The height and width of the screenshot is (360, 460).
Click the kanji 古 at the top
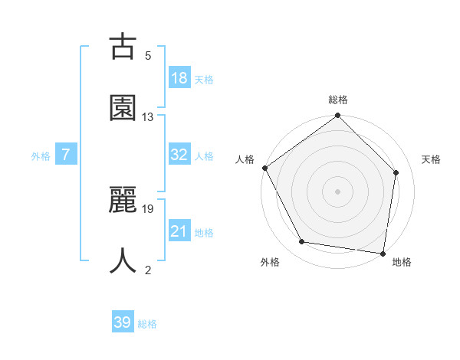pos(123,47)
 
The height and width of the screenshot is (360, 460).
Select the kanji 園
pos(123,109)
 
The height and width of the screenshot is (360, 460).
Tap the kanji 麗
pos(123,201)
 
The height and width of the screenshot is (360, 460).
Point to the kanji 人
pos(123,261)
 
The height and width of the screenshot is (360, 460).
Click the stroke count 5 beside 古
pos(148,56)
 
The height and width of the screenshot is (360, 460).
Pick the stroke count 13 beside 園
pos(148,117)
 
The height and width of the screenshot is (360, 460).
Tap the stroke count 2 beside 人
pos(148,270)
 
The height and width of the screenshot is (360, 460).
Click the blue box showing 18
pos(179,78)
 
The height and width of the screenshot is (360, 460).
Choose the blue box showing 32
pos(179,155)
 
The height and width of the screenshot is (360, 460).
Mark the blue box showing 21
pos(179,231)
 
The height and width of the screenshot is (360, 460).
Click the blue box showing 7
pos(66,155)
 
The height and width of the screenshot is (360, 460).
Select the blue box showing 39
pos(123,322)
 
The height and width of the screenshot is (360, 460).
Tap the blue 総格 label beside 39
pos(147,324)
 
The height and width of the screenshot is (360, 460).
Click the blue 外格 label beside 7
pos(41,156)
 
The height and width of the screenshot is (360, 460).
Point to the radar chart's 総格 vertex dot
pos(337,116)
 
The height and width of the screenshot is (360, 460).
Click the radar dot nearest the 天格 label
pos(396,172)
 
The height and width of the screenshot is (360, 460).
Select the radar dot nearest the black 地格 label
pos(383,253)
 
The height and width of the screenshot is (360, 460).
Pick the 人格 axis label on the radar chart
pos(245,159)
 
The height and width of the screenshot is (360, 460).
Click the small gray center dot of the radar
pos(337,191)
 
